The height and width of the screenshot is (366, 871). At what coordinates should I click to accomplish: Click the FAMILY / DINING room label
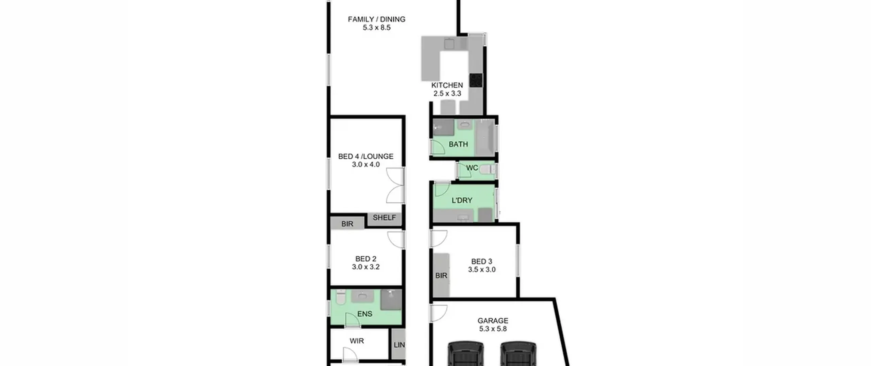click(x=376, y=19)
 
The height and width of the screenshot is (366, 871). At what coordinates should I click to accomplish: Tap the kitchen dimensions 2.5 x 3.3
click(x=447, y=93)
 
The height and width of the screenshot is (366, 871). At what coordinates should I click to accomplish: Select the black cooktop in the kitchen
click(x=476, y=80)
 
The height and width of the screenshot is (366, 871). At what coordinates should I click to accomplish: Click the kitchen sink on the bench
click(x=449, y=44)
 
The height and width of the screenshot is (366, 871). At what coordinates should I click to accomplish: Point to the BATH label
click(x=458, y=144)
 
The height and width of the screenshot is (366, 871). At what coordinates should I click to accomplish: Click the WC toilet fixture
click(x=487, y=169)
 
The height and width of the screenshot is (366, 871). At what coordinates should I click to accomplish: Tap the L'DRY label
click(x=462, y=201)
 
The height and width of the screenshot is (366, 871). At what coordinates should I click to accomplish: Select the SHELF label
click(x=384, y=218)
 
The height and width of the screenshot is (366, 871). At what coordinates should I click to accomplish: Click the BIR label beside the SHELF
click(x=347, y=224)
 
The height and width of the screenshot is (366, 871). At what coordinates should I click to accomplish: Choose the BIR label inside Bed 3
click(x=441, y=275)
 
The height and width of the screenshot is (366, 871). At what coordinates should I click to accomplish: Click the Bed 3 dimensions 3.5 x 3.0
click(x=481, y=270)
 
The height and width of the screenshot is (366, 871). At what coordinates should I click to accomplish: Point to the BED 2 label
click(x=366, y=259)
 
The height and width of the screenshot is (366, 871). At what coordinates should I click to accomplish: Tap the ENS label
click(x=365, y=314)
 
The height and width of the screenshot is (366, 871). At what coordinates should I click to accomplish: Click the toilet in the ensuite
click(x=341, y=297)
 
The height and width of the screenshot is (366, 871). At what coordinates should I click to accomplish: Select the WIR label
click(x=357, y=341)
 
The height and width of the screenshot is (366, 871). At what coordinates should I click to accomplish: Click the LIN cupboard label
click(x=399, y=345)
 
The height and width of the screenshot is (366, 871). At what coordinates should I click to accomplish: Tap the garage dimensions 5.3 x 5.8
click(x=493, y=329)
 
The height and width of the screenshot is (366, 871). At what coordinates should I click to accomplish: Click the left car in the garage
click(x=465, y=354)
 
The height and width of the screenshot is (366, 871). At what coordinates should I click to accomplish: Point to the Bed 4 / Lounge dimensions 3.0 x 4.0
click(x=366, y=164)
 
